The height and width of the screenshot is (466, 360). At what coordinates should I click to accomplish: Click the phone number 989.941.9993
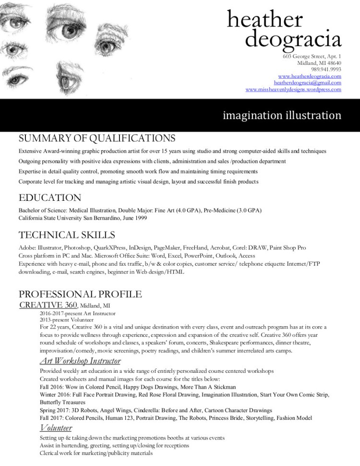tap(326, 69)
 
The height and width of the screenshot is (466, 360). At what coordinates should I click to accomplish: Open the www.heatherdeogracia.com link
tap(310, 76)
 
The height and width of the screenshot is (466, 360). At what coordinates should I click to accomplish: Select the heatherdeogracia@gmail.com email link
tap(308, 83)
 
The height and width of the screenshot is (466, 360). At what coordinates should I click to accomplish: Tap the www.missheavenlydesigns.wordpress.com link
tap(293, 89)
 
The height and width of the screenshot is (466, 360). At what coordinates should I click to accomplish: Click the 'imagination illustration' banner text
tap(282, 115)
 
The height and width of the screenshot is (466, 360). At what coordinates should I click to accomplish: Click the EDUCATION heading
tap(50, 197)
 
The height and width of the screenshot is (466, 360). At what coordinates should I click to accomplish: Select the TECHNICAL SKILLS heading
tap(67, 235)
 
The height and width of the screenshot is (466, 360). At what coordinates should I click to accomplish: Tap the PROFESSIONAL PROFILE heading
tap(80, 294)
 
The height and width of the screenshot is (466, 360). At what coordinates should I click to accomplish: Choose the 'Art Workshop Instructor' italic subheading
tap(80, 361)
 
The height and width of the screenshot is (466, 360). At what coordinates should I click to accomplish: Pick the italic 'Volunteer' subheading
tap(56, 428)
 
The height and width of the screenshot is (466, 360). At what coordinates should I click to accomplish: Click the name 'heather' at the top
tap(264, 20)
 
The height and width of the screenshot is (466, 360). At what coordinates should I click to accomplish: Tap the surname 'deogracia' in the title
tap(293, 40)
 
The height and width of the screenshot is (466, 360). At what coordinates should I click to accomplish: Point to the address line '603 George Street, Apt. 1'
tap(312, 56)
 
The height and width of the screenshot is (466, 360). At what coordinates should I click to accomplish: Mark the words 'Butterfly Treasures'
tap(62, 402)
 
